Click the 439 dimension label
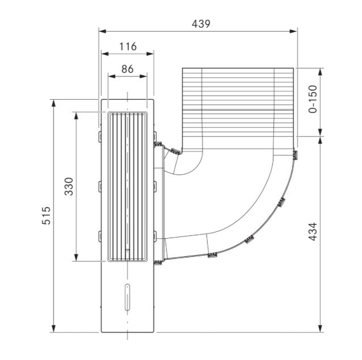pos(201,24)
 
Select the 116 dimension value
pos(128,46)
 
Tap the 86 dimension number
pos(128,69)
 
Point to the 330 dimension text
pos(69,187)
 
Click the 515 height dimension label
pos(46,215)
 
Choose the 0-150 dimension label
pos(313,99)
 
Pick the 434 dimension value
pos(313,231)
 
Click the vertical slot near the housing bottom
pos(127,297)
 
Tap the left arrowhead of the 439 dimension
pos(102,31)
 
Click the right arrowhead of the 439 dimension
pos(294,31)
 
